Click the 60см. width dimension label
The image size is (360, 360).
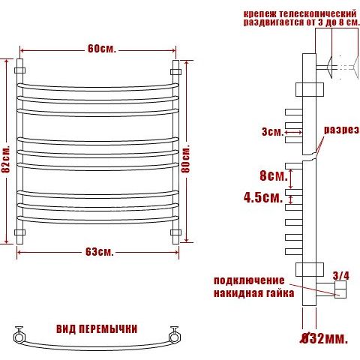102,49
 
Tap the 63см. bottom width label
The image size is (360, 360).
100,252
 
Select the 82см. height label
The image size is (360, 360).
6,158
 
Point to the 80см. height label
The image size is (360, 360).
186,159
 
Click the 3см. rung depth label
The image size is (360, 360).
272,131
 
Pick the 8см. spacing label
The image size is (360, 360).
274,175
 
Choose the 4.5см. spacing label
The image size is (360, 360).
263,197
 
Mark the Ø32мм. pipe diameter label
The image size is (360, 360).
324,339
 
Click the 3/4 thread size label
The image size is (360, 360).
341,276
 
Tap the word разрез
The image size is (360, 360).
341,130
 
